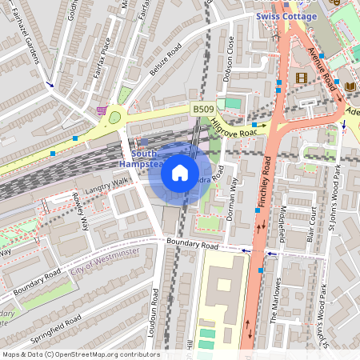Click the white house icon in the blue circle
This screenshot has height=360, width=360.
pos(180,171)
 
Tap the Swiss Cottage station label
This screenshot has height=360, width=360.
pos(286,16)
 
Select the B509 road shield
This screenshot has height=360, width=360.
pos(202,108)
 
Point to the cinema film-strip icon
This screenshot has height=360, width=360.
pos(302,78)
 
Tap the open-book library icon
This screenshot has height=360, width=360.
pos(350,86)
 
